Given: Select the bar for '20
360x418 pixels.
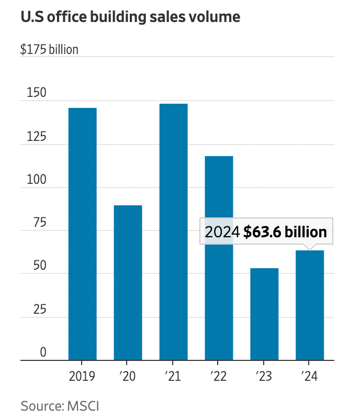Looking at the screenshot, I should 128,283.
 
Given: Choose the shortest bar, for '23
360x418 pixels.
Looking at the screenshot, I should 264,314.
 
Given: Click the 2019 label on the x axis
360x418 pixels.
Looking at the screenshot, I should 82,376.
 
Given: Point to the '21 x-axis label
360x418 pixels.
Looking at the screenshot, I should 173,376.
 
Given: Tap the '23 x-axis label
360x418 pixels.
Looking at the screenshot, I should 264,376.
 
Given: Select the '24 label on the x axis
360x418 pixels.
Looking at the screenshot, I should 310,376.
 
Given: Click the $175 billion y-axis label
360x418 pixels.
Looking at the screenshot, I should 49,50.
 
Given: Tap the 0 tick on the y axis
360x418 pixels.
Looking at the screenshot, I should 43,353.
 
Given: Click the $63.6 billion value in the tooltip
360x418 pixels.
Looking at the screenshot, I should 285,232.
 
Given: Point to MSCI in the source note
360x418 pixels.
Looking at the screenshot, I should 83,405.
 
